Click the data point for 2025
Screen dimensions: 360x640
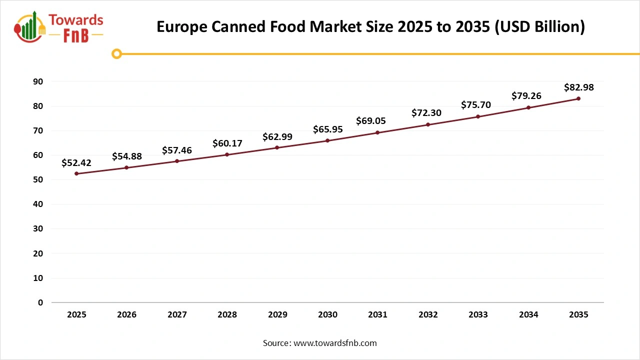pyautogui.click(x=76, y=173)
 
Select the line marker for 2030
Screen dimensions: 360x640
pyautogui.click(x=327, y=140)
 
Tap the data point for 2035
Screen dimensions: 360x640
pyautogui.click(x=578, y=98)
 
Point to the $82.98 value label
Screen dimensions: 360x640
pyautogui.click(x=578, y=87)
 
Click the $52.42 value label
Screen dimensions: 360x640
pyautogui.click(x=76, y=162)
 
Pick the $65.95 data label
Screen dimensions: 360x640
pyautogui.click(x=327, y=129)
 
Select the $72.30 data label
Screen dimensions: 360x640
pyautogui.click(x=426, y=113)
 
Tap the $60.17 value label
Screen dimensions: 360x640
pyautogui.click(x=227, y=143)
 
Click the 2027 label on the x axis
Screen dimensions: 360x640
pyautogui.click(x=177, y=315)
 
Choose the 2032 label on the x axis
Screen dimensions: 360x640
pyautogui.click(x=428, y=315)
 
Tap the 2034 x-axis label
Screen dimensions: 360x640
pyautogui.click(x=528, y=315)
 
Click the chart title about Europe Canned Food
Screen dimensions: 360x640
pyautogui.click(x=370, y=26)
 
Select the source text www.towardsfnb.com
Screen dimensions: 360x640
pyautogui.click(x=320, y=343)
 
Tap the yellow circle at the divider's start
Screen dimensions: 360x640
pyautogui.click(x=116, y=53)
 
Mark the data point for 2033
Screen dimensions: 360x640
pyautogui.click(x=478, y=116)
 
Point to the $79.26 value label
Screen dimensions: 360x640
pyautogui.click(x=526, y=95)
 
